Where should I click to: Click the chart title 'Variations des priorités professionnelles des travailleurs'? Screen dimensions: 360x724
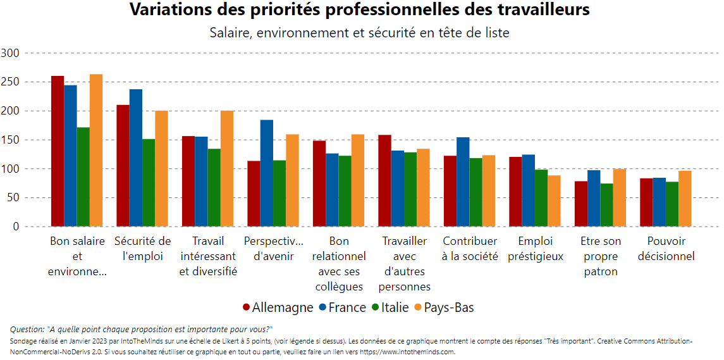pyautogui.click(x=360, y=11)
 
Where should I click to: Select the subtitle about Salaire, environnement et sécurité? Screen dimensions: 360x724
pyautogui.click(x=360, y=33)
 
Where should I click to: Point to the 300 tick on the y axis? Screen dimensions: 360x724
pyautogui.click(x=11, y=53)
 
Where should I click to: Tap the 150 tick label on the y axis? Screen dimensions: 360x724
pyautogui.click(x=11, y=140)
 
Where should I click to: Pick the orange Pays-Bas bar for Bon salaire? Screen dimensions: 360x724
pyautogui.click(x=96, y=151)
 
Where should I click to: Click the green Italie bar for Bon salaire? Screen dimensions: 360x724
pyautogui.click(x=83, y=177)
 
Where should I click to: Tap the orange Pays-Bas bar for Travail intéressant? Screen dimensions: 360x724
pyautogui.click(x=227, y=169)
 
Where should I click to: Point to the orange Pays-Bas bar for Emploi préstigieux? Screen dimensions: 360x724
pyautogui.click(x=554, y=201)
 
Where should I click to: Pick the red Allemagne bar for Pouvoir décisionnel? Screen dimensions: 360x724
pyautogui.click(x=646, y=202)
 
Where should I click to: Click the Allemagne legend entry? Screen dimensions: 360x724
pyautogui.click(x=278, y=307)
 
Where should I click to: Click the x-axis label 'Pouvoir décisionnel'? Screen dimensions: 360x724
pyautogui.click(x=666, y=249)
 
